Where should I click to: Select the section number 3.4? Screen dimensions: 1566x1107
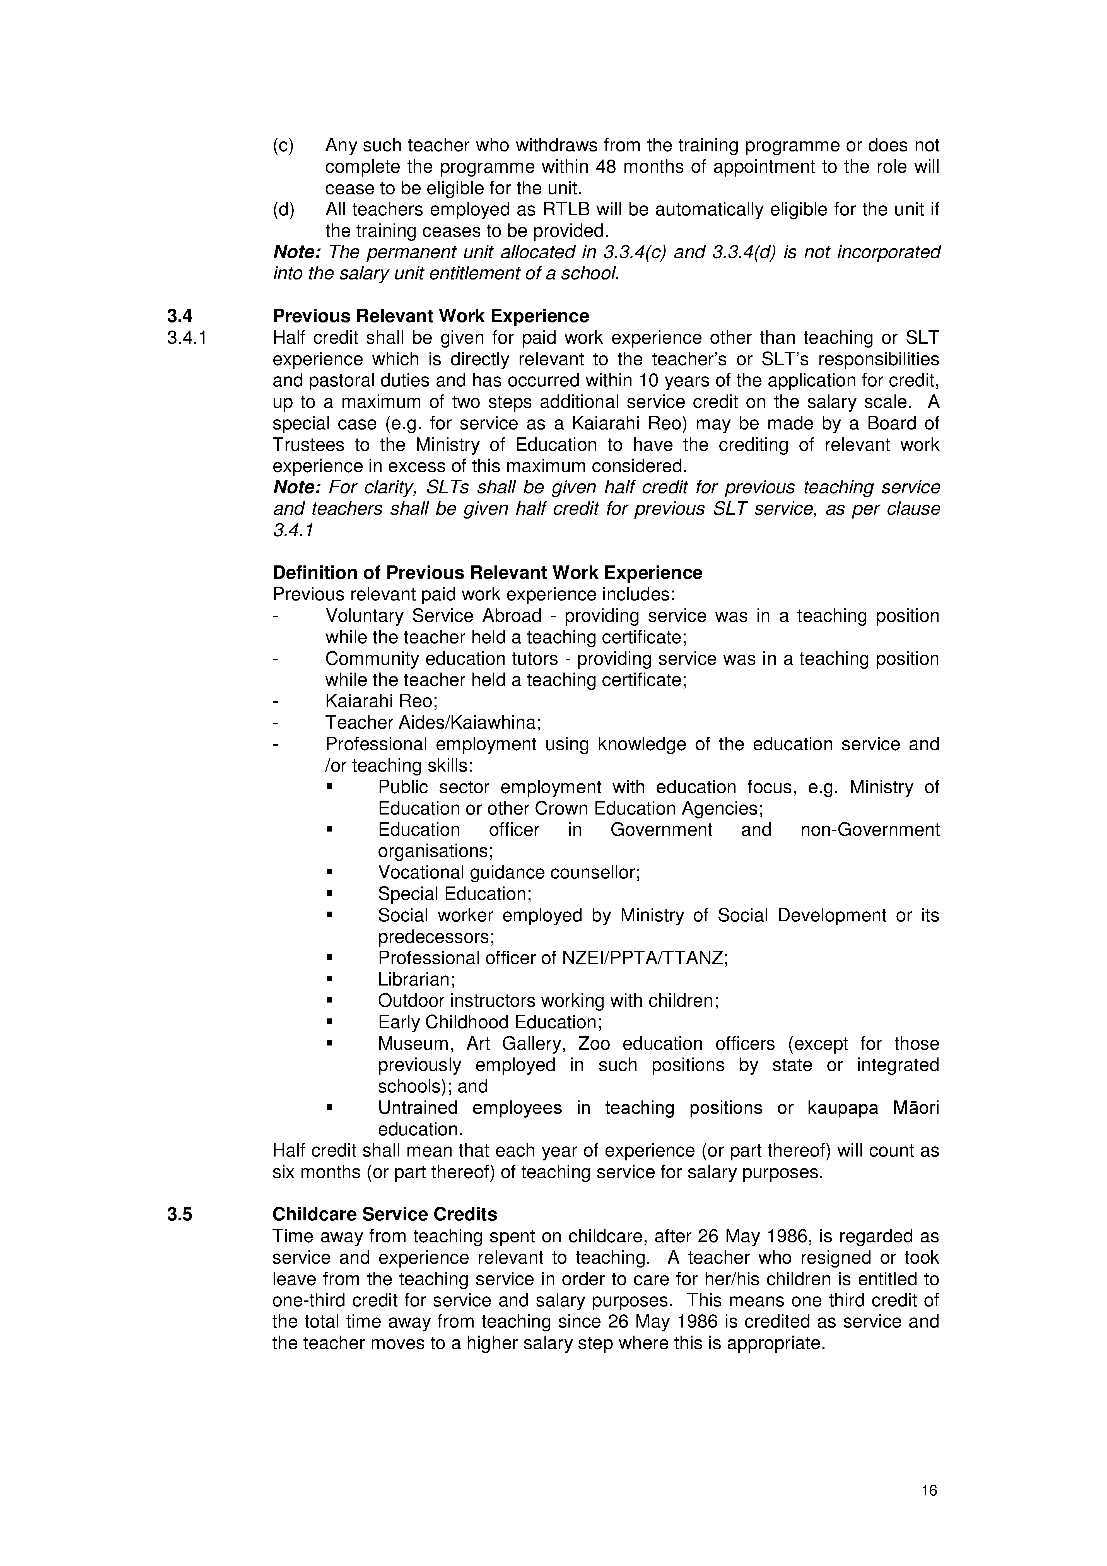179,317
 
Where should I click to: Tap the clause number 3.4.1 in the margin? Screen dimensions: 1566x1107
186,338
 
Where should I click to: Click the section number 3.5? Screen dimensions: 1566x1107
179,1214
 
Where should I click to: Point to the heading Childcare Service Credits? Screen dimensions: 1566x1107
385,1214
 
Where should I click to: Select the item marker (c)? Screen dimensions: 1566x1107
283,145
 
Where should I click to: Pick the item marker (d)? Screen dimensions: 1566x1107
283,209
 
